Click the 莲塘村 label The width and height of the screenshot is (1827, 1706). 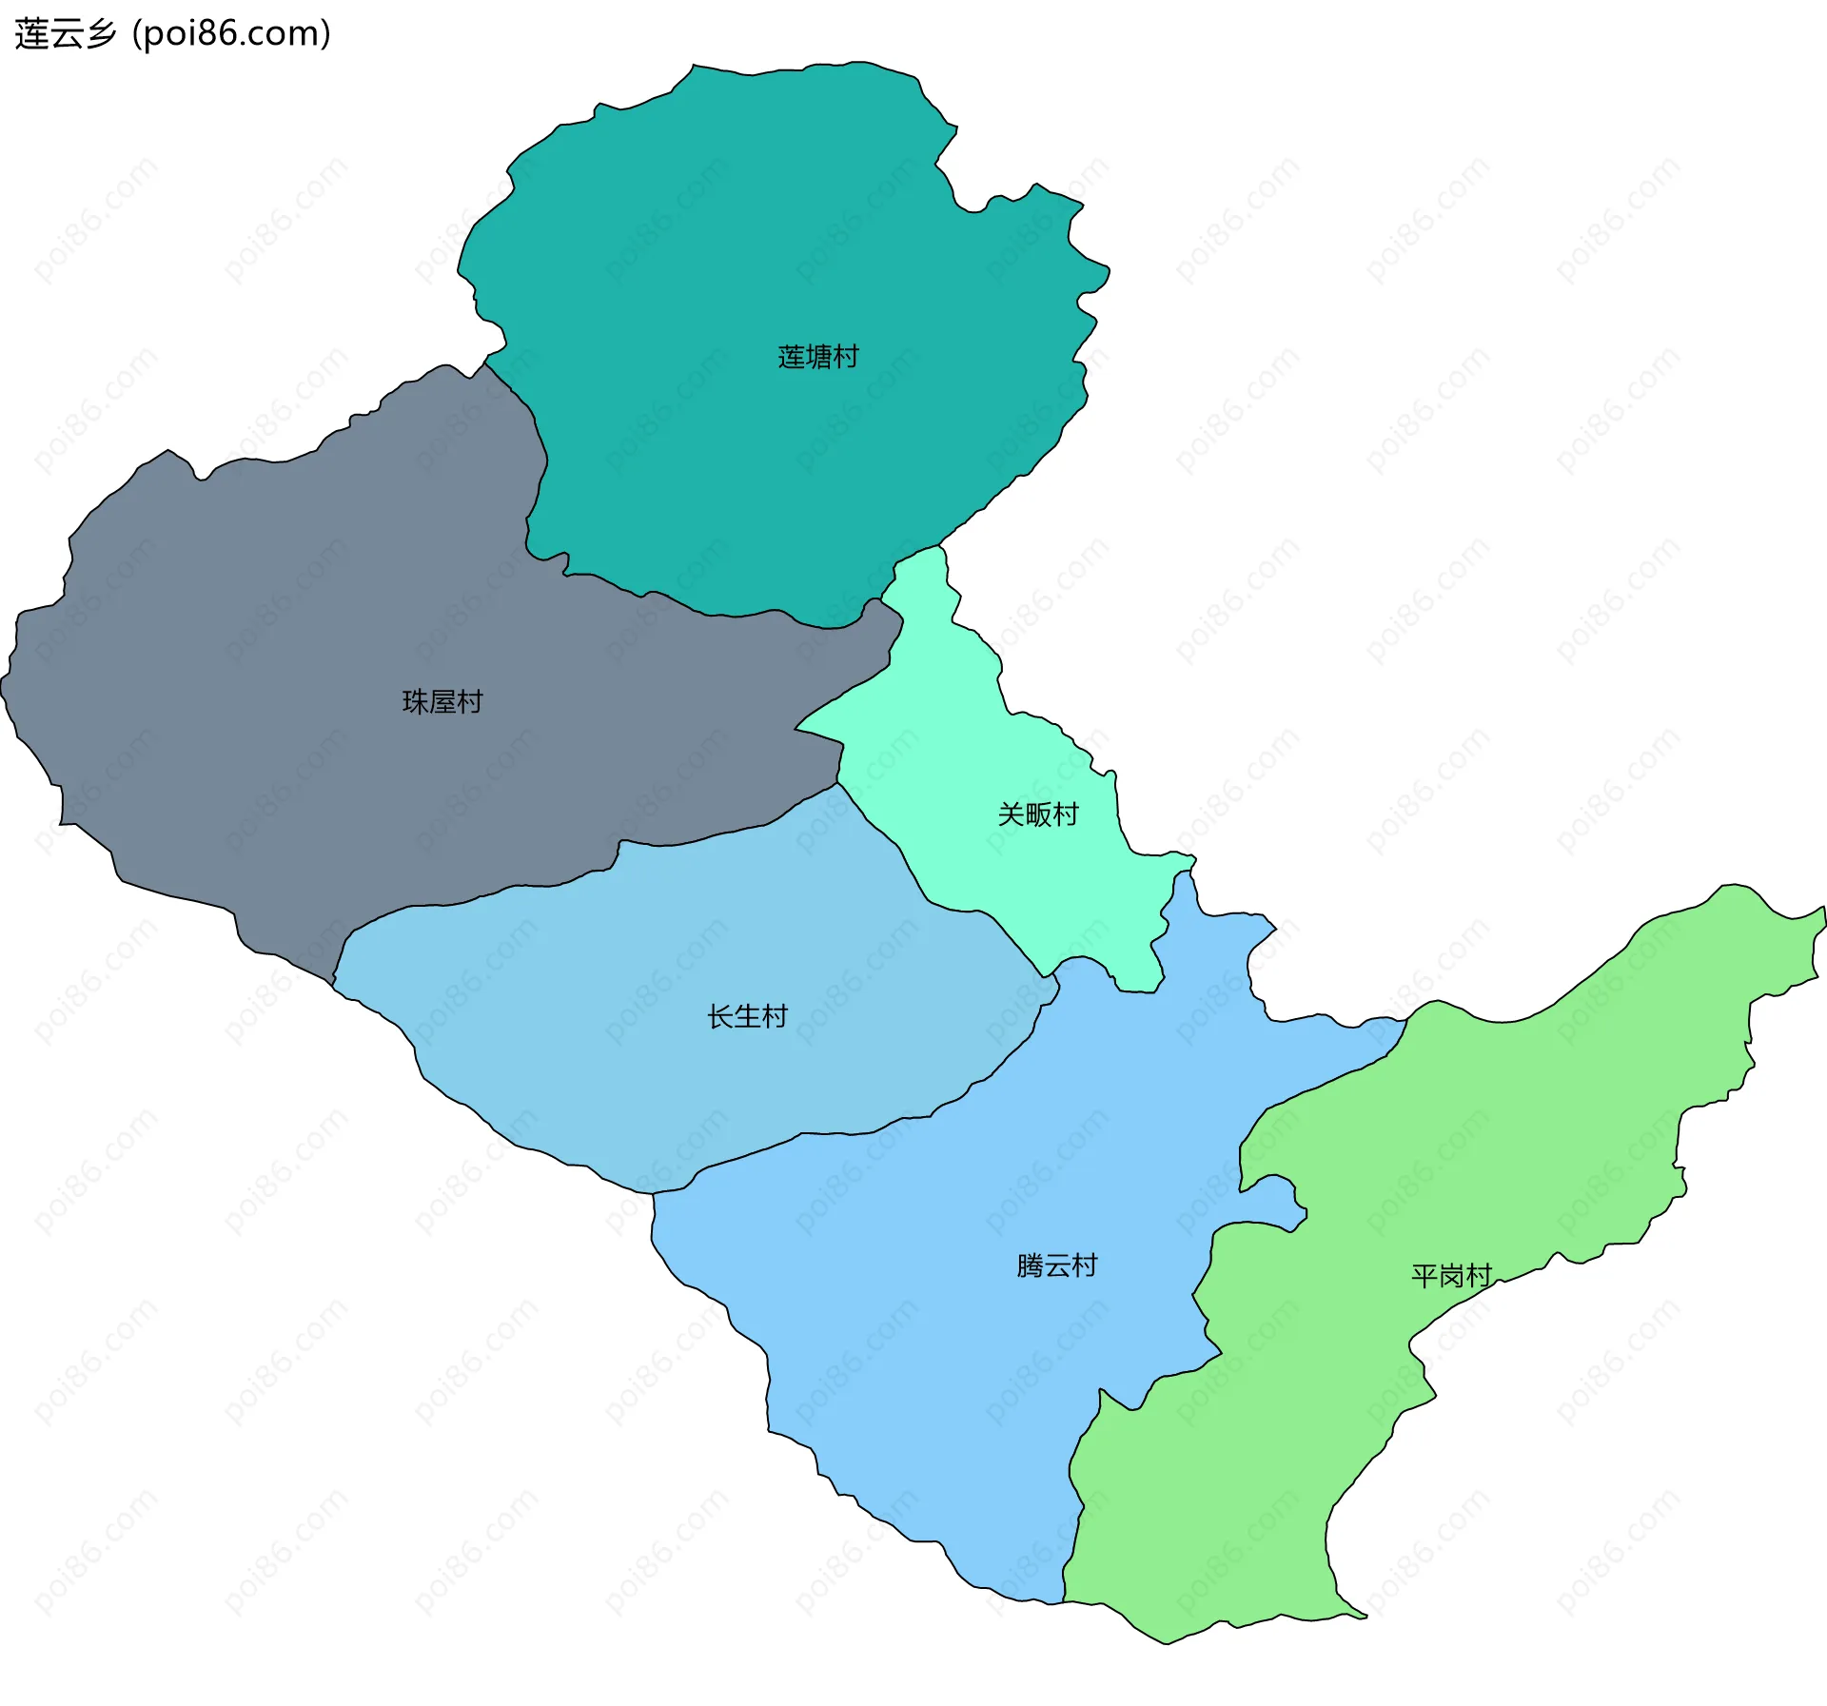pyautogui.click(x=817, y=357)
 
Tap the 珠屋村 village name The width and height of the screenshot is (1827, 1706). pyautogui.click(x=442, y=702)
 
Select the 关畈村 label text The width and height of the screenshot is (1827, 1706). pyautogui.click(x=1037, y=814)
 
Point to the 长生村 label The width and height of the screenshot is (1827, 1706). pyautogui.click(x=747, y=1017)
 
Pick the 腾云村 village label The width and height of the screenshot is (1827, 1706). pyautogui.click(x=1056, y=1265)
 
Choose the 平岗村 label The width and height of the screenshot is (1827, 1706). pyautogui.click(x=1451, y=1276)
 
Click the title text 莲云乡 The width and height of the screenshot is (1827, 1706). pyautogui.click(x=65, y=34)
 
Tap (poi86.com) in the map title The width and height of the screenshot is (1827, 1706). pyautogui.click(x=231, y=34)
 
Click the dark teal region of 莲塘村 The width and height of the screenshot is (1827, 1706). pyautogui.click(x=761, y=238)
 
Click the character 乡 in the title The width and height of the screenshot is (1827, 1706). pyautogui.click(x=101, y=34)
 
